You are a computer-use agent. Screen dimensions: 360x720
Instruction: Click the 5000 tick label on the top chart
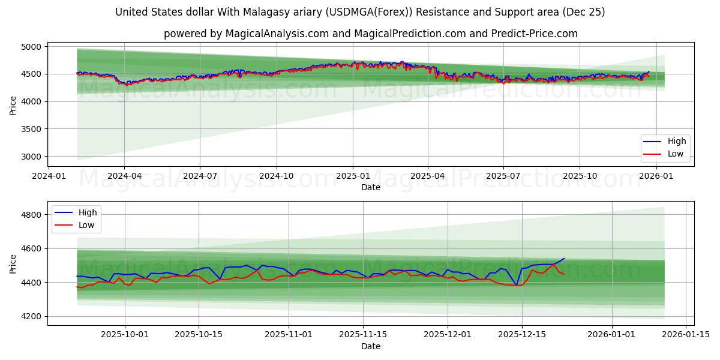(31, 47)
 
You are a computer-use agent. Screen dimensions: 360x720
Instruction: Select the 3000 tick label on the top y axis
(31, 157)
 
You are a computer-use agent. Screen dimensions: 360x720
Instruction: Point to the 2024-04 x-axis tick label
(124, 176)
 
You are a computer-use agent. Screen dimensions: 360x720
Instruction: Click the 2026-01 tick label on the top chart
(656, 176)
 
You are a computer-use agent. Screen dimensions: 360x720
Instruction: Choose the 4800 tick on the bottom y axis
(31, 215)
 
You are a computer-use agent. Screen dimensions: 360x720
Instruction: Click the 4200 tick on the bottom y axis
(31, 316)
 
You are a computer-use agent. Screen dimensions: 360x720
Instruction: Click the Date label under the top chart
(370, 187)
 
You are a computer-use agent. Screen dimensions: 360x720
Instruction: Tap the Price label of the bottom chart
(13, 263)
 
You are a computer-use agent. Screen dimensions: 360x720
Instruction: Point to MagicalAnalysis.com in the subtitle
(277, 34)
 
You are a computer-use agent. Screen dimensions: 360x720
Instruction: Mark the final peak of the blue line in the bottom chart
(564, 259)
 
